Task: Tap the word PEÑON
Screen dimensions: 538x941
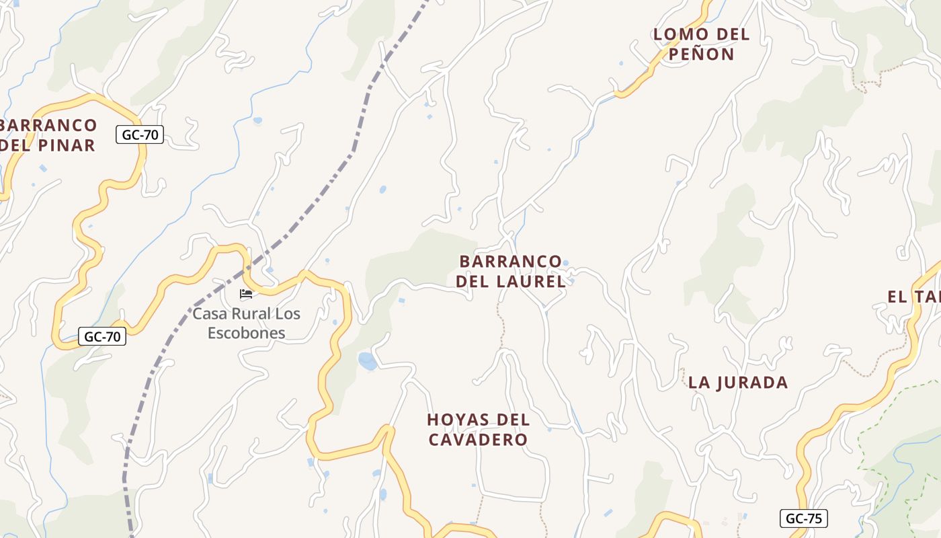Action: click(x=701, y=54)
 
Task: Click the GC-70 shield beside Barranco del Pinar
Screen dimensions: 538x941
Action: click(x=140, y=134)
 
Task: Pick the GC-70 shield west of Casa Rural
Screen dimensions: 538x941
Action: click(x=102, y=336)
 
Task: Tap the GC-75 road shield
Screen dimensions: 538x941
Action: click(x=803, y=518)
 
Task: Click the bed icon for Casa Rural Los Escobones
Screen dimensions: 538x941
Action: click(x=246, y=294)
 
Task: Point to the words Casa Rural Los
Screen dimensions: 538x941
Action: click(x=246, y=314)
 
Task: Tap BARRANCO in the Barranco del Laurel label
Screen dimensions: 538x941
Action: click(x=510, y=261)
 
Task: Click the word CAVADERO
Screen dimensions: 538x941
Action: click(x=478, y=440)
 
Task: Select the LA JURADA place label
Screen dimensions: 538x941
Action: click(x=737, y=383)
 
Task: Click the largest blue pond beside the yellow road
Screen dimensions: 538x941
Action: click(x=368, y=362)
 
